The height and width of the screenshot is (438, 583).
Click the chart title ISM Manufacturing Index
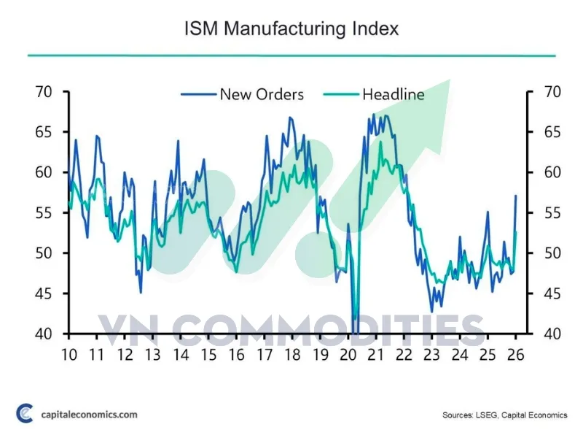coord(291,29)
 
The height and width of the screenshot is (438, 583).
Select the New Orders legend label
coord(262,95)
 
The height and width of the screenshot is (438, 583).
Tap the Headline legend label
coord(394,95)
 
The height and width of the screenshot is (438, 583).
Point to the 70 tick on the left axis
coord(44,92)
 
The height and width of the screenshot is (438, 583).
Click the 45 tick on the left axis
coord(44,294)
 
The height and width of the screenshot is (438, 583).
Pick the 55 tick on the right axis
coord(552,213)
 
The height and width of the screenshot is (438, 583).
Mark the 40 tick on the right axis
coord(552,334)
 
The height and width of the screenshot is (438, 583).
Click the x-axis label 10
coord(69,355)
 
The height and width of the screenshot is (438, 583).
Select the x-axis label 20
coord(348,355)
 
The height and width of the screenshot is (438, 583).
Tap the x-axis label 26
coord(516,355)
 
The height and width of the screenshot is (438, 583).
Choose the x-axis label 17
coord(265,355)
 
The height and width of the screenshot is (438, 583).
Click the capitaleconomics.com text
coord(89,415)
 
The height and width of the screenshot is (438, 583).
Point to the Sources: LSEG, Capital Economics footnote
coord(505,415)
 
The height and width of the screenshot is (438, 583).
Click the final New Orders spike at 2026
coord(516,196)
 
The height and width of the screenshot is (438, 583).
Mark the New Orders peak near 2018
coord(290,118)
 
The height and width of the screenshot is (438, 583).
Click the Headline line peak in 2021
coord(380,142)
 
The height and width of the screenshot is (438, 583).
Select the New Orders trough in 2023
coord(431,312)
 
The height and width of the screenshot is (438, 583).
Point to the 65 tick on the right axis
coord(552,132)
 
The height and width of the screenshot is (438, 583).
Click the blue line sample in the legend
coord(198,95)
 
